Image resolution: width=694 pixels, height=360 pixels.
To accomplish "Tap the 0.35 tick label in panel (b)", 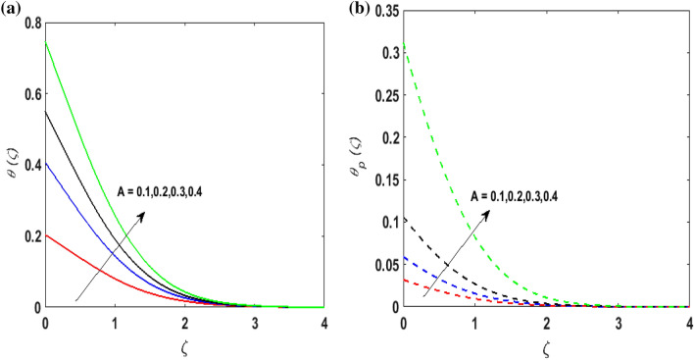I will point(384,15).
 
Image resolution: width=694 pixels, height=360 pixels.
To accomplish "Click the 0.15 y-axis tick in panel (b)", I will point(384,181).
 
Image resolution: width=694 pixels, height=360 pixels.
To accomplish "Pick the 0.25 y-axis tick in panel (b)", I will point(384,98).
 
